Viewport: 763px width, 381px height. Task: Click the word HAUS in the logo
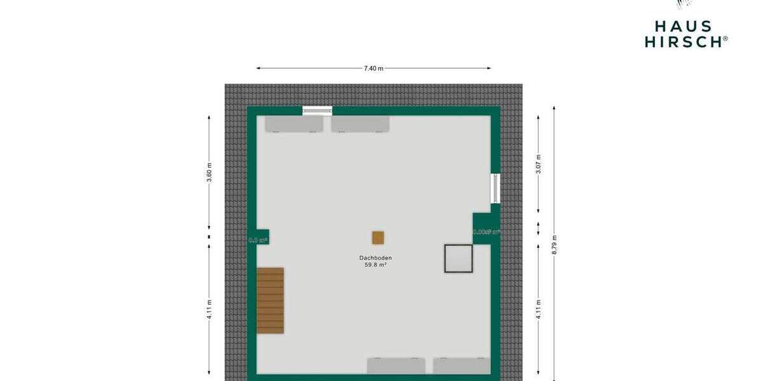click(x=684, y=27)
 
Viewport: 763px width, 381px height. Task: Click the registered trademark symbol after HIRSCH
click(x=725, y=39)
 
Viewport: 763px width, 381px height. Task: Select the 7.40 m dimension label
click(x=373, y=68)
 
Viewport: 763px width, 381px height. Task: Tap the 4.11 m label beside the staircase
click(x=209, y=309)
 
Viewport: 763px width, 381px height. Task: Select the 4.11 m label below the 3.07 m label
click(x=539, y=309)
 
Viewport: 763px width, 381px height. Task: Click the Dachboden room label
click(x=375, y=258)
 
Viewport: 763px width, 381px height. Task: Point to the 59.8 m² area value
click(x=375, y=265)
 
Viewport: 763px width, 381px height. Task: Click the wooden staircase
click(x=270, y=300)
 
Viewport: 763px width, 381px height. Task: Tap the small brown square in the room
click(x=378, y=237)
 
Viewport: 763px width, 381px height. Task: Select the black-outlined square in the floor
click(x=458, y=258)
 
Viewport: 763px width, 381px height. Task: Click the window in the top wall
click(x=317, y=110)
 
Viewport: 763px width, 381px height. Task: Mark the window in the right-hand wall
click(x=495, y=188)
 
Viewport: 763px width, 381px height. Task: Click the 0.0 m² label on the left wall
click(x=258, y=240)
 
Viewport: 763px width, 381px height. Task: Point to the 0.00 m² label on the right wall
click(x=486, y=232)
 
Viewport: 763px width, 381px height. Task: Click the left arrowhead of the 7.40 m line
click(x=258, y=68)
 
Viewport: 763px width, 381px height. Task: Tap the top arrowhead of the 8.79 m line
click(x=554, y=108)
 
